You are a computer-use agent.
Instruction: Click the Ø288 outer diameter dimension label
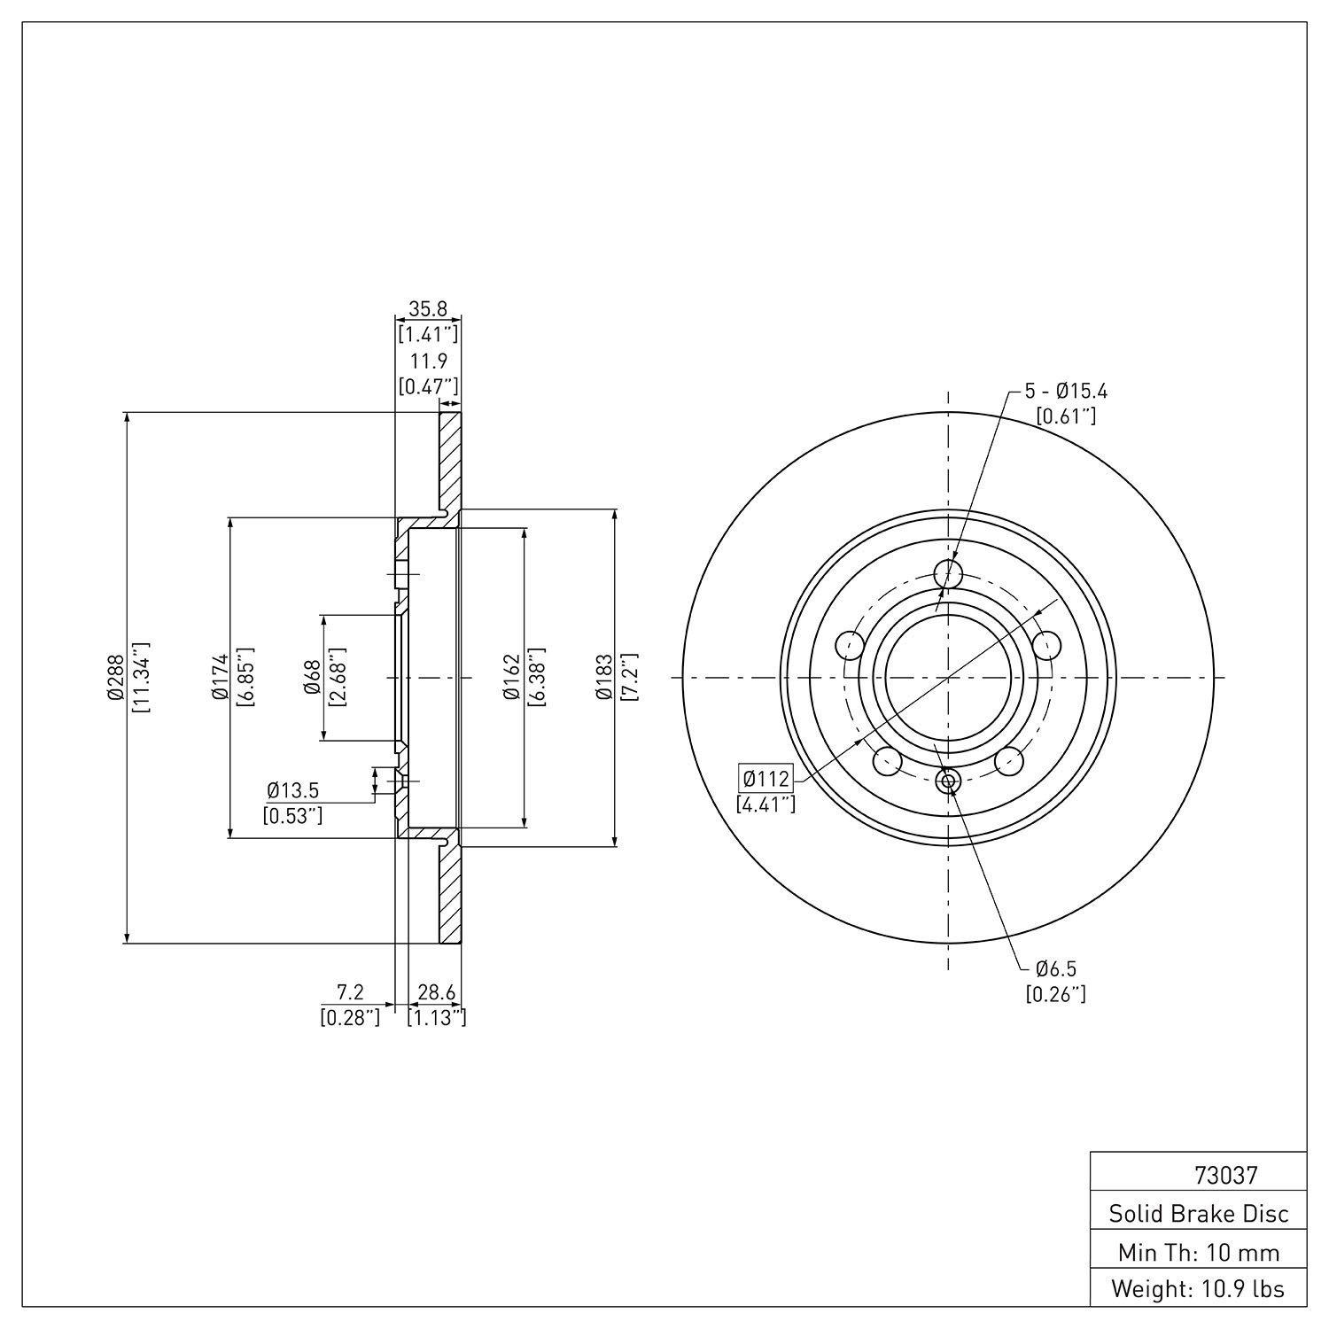click(114, 679)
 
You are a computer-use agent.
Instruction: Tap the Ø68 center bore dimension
click(312, 678)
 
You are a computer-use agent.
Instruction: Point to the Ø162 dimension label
click(510, 678)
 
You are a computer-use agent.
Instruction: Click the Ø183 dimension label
click(604, 678)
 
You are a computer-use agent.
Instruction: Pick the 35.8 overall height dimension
click(428, 309)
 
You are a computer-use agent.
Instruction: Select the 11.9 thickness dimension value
click(428, 361)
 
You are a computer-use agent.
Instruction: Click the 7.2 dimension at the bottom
click(350, 992)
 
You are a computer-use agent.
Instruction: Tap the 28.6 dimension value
click(436, 992)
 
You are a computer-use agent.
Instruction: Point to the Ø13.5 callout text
click(292, 789)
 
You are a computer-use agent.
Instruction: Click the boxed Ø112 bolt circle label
click(766, 780)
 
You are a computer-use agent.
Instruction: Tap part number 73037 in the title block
click(1225, 1176)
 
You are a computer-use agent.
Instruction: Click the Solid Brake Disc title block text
click(1199, 1214)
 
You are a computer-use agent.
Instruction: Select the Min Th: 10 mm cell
click(1199, 1252)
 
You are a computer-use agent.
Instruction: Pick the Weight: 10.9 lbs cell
click(1199, 1289)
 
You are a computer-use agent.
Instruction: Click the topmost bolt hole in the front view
click(948, 573)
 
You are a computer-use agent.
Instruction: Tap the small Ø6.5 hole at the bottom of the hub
click(948, 781)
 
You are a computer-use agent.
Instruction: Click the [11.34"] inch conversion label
click(141, 679)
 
